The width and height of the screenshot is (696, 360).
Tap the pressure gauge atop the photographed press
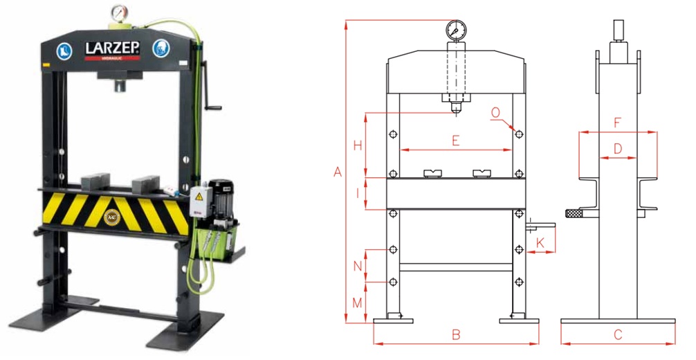(118, 14)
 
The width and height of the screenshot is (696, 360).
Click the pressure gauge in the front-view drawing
(456, 30)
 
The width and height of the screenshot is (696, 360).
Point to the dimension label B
(456, 335)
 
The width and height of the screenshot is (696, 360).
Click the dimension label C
(618, 335)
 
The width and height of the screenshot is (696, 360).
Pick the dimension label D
(618, 149)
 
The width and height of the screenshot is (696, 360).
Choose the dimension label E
(455, 141)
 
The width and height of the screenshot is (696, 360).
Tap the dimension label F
(618, 123)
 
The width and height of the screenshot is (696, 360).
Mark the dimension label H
(357, 145)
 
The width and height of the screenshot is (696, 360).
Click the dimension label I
(357, 194)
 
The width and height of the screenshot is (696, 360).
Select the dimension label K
(540, 243)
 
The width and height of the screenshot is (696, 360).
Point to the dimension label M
(357, 303)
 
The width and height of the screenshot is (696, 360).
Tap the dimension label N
(357, 266)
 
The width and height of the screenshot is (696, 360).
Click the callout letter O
(495, 112)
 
